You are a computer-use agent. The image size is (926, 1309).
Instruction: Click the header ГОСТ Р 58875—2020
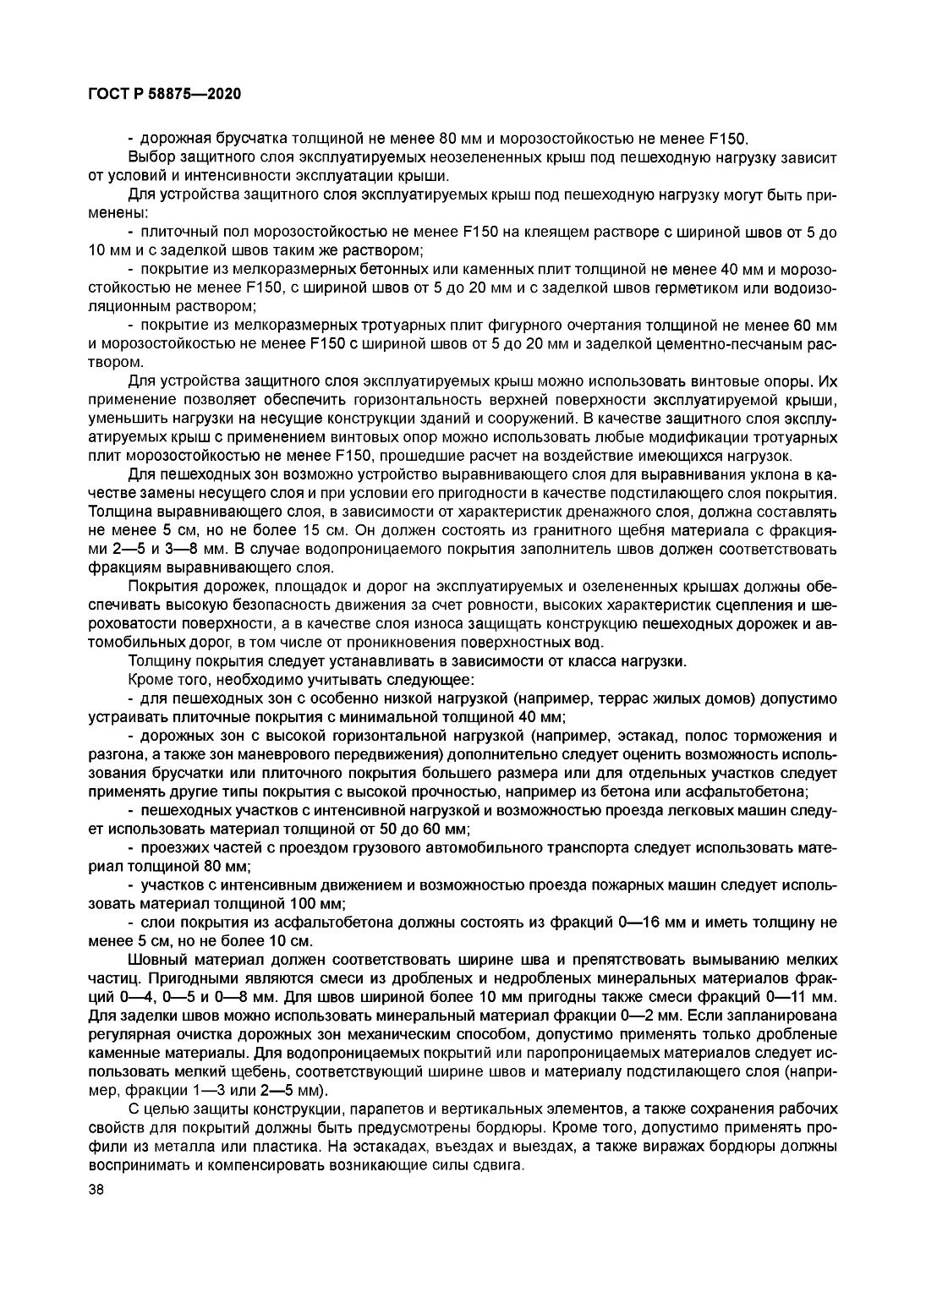coord(164,94)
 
